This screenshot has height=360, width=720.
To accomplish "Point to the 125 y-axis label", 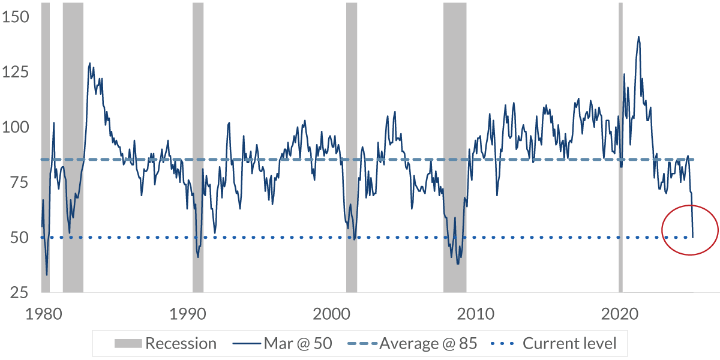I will tap(16, 72).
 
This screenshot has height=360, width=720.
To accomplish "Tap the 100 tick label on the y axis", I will tap(16, 127).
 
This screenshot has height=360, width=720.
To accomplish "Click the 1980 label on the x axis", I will tap(43, 313).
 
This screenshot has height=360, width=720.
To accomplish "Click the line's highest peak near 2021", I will tap(638, 37).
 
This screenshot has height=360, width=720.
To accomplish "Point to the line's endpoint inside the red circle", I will tap(692, 237).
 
